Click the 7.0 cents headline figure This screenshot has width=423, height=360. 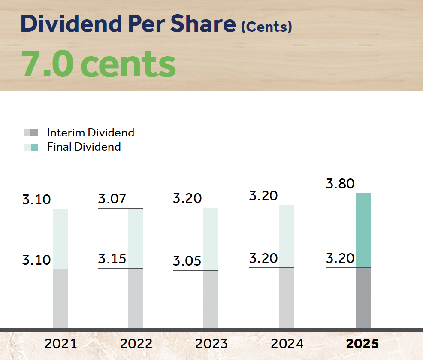(x=99, y=64)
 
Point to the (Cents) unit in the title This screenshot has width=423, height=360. (x=266, y=27)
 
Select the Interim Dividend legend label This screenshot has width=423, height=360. (x=91, y=133)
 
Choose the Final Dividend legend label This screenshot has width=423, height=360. (x=84, y=147)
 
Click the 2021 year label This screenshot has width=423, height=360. (x=61, y=344)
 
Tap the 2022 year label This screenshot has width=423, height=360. (x=136, y=344)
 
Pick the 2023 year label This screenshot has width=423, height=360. (x=211, y=344)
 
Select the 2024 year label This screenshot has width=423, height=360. (x=287, y=344)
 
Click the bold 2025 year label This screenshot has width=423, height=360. (x=363, y=344)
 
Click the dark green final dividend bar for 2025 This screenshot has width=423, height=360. (x=363, y=230)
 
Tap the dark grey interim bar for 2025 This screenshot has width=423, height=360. (x=363, y=298)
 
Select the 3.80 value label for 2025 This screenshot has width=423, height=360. (x=340, y=184)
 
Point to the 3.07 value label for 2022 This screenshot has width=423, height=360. (x=112, y=199)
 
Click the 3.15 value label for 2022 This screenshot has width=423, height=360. (x=112, y=259)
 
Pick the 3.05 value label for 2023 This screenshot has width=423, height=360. (x=187, y=260)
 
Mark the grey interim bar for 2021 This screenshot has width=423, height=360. (x=60, y=299)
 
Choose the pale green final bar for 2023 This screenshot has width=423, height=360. (x=211, y=239)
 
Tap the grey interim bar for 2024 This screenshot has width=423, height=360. (x=287, y=298)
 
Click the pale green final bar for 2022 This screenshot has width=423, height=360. (x=136, y=238)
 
